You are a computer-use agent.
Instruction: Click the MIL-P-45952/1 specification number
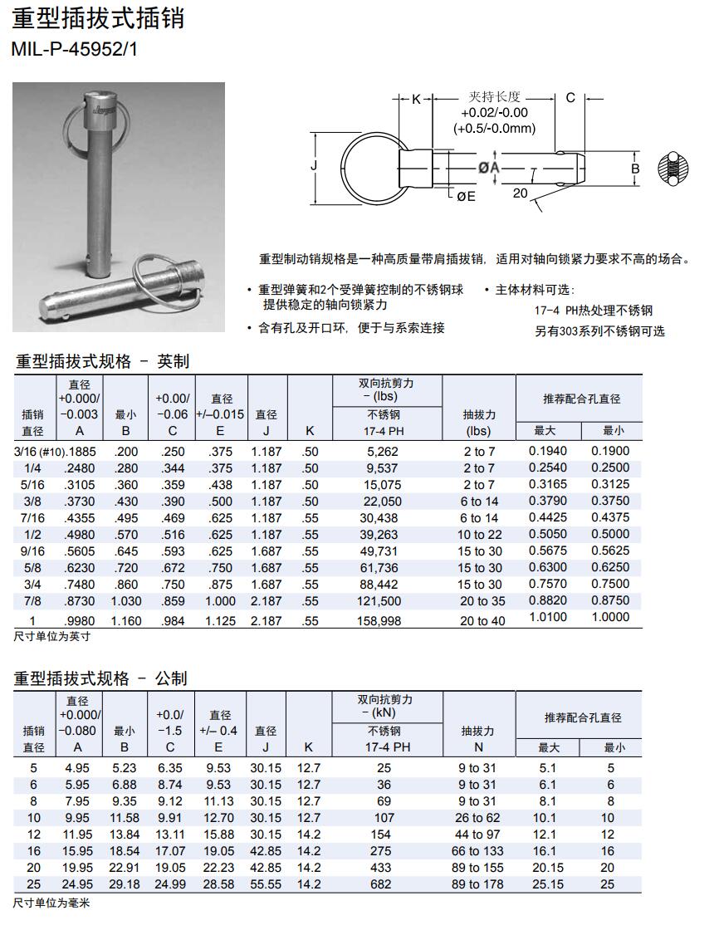pyautogui.click(x=75, y=49)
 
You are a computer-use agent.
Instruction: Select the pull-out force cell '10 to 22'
pyautogui.click(x=479, y=535)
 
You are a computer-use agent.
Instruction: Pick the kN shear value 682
pyautogui.click(x=381, y=884)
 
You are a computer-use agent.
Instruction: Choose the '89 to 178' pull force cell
pyautogui.click(x=478, y=884)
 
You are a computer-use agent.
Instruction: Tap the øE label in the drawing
pyautogui.click(x=466, y=196)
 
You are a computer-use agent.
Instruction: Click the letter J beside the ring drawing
pyautogui.click(x=315, y=166)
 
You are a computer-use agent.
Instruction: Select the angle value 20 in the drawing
pyautogui.click(x=521, y=193)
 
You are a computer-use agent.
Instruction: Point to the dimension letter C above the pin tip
pyautogui.click(x=570, y=98)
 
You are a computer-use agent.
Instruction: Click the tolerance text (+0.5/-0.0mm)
pyautogui.click(x=494, y=128)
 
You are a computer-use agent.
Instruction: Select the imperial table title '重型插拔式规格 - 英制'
pyautogui.click(x=103, y=361)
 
